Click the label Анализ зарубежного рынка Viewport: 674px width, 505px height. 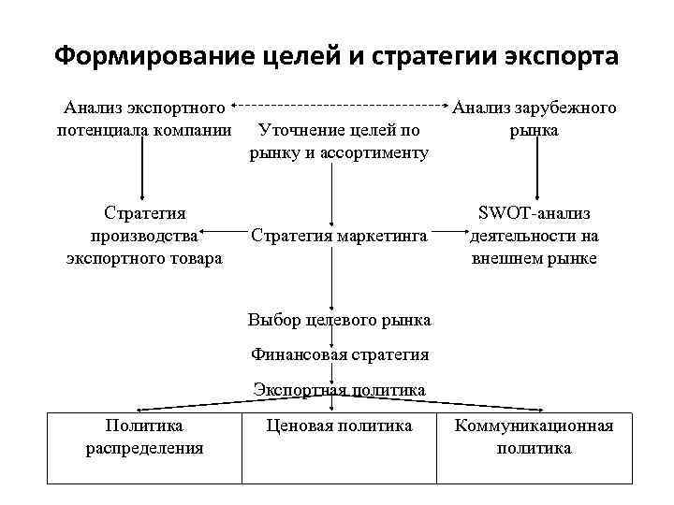pos(535,120)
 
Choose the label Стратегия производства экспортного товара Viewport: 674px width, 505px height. pos(144,236)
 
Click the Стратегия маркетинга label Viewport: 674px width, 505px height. pos(339,236)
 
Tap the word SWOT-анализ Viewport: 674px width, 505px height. pos(535,214)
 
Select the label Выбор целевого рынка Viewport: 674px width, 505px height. pos(339,320)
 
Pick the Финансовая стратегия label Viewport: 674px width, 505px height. pos(339,354)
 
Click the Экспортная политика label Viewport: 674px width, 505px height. pos(339,389)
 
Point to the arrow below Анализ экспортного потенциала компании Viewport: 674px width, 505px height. pos(142,173)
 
